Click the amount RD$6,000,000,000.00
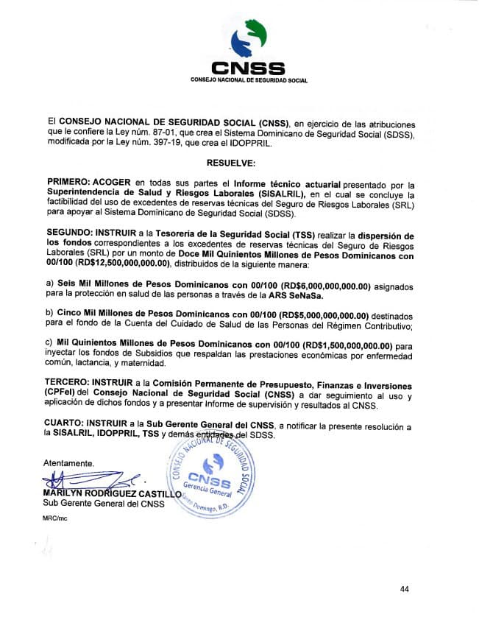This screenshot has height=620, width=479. pyautogui.click(x=310, y=284)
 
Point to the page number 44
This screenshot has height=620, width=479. pyautogui.click(x=405, y=588)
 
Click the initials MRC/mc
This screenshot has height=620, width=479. pyautogui.click(x=56, y=519)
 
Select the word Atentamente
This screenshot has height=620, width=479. pyautogui.click(x=68, y=463)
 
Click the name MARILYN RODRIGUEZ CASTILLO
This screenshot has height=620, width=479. pyautogui.click(x=112, y=493)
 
